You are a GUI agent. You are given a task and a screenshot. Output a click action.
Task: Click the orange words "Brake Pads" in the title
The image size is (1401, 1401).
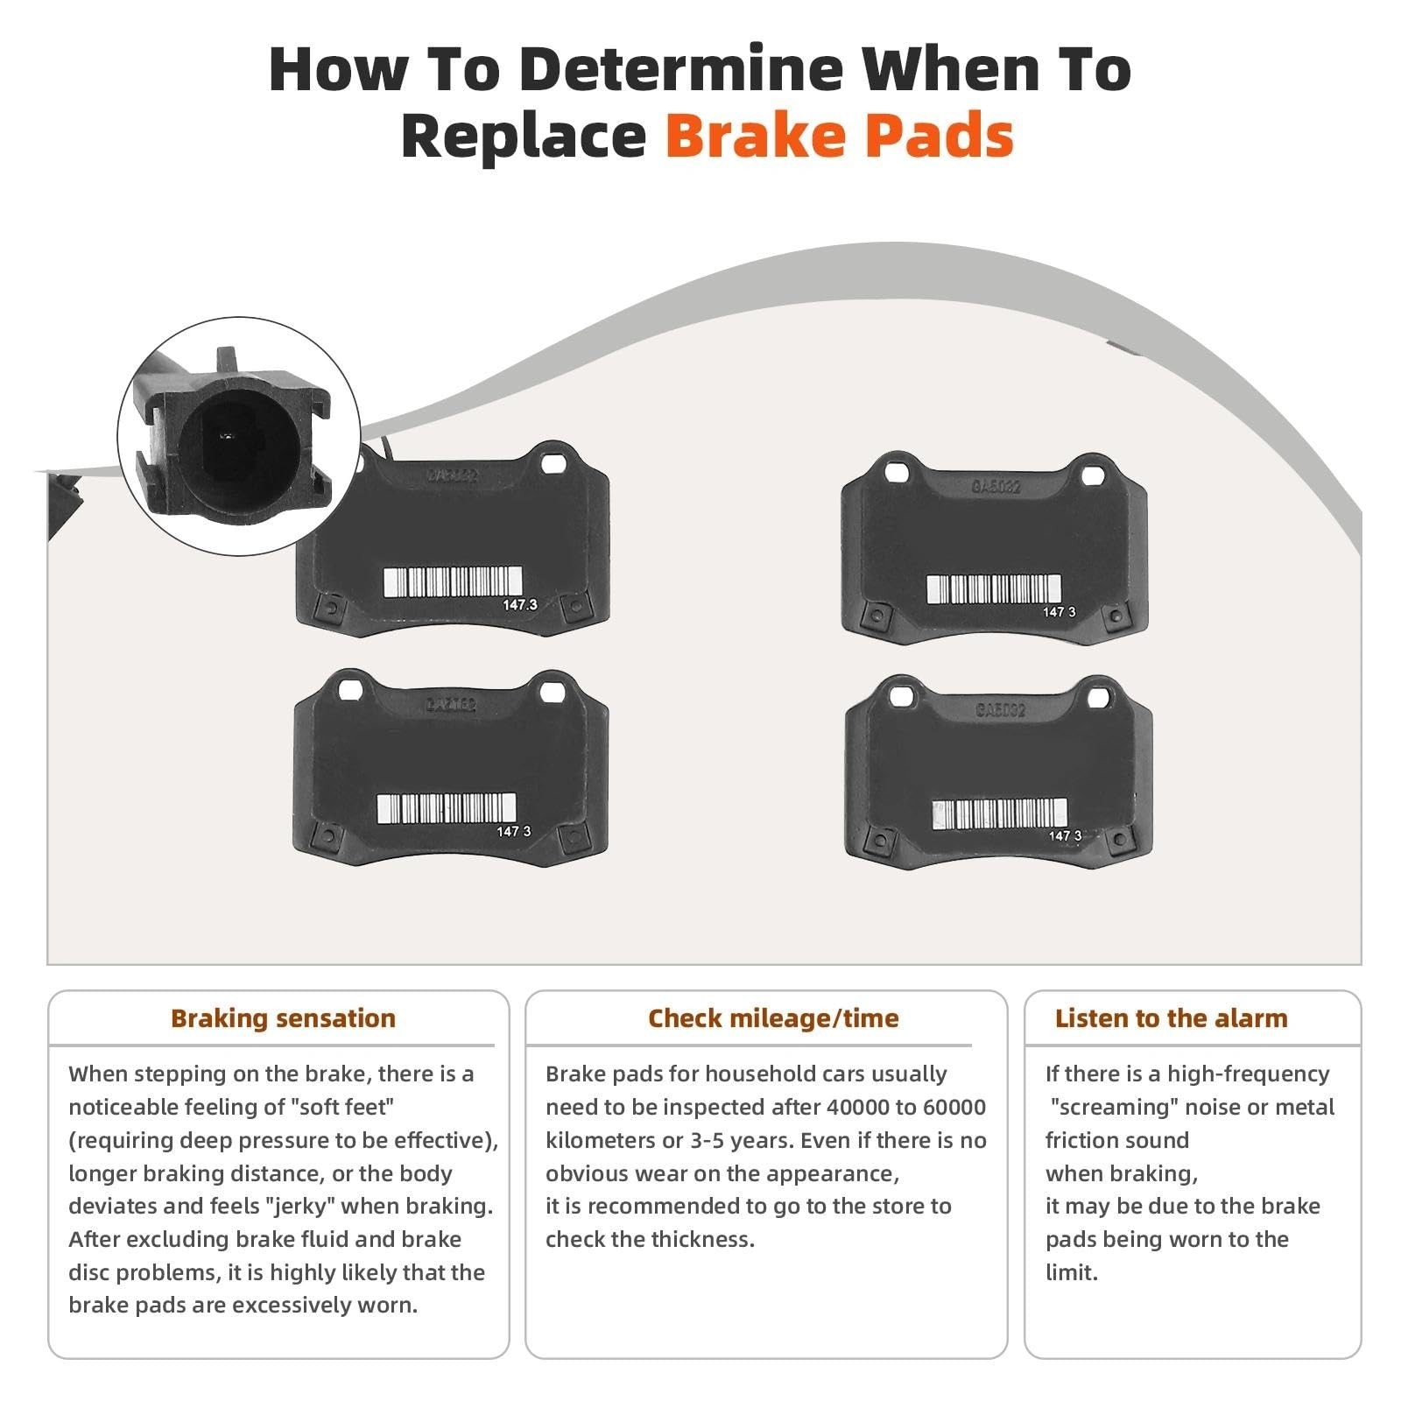pos(839,136)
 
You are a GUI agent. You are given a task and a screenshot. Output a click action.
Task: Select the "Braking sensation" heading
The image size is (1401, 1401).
pos(283,1018)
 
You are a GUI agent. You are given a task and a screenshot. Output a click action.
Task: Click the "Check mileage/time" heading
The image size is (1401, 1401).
pos(773,1018)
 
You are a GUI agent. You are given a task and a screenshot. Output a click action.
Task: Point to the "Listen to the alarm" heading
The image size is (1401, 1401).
pos(1171,1018)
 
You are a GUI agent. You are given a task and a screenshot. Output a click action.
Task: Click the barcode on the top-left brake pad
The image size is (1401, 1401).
pos(453,581)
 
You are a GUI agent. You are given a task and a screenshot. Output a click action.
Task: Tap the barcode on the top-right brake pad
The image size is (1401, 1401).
pos(994,589)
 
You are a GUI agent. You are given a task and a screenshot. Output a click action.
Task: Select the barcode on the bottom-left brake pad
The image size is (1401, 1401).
pos(446,808)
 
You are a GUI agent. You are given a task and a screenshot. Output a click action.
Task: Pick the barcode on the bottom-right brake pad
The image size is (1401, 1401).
pos(1000,813)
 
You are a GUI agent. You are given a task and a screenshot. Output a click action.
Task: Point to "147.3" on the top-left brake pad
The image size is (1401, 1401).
pos(519,605)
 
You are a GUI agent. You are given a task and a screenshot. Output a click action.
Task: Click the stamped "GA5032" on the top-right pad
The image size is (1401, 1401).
pos(996,485)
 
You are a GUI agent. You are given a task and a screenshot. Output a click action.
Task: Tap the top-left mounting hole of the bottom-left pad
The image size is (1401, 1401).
pos(349,692)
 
